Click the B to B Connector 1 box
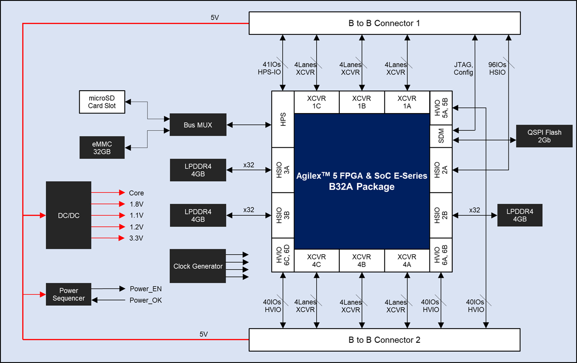coord(384,23)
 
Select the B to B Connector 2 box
coord(384,340)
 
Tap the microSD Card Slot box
coord(102,102)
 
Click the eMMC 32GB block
coord(102,147)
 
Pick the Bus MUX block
coord(198,125)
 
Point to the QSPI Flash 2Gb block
coord(544,136)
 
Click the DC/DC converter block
coord(69,215)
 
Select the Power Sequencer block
coord(69,294)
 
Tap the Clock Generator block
coord(198,266)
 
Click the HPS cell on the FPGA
coord(283,119)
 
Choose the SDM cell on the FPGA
coord(441,136)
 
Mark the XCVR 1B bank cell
coord(362,102)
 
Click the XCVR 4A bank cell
coord(407,260)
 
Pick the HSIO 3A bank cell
coord(283,170)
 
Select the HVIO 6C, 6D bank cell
coord(283,255)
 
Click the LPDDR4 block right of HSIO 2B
coord(520,215)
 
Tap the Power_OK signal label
coord(146,300)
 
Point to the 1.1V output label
coord(136,215)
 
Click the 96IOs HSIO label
coord(497,68)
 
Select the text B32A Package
coord(362,187)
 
